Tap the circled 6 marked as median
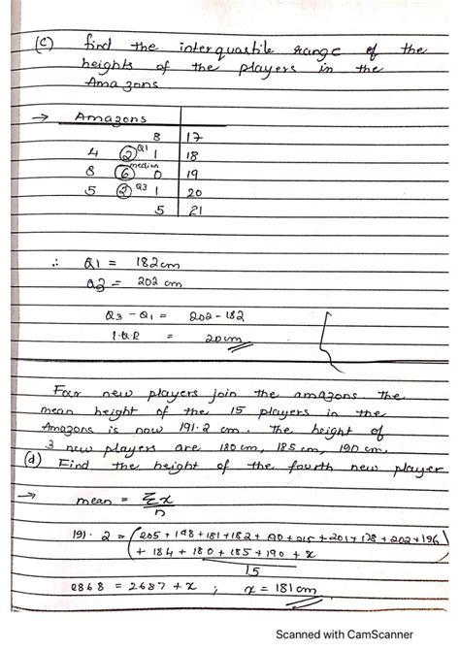(x=123, y=171)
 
